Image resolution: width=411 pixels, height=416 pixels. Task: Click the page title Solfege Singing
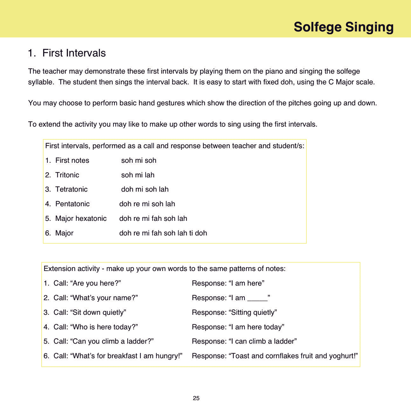click(x=343, y=27)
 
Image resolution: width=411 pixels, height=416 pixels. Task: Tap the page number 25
click(x=196, y=398)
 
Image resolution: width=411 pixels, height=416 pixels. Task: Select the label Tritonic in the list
click(x=67, y=175)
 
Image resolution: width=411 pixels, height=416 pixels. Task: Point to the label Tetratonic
click(x=71, y=189)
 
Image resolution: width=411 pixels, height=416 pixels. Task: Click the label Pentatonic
click(x=72, y=204)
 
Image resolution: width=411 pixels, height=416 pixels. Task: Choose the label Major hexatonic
click(x=81, y=218)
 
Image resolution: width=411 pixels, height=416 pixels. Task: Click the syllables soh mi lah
click(x=138, y=175)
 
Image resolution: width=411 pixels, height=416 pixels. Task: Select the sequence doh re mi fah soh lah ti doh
click(x=163, y=233)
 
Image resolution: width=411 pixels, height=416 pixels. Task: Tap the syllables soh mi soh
click(x=139, y=160)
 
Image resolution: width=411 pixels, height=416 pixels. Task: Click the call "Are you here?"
click(x=95, y=283)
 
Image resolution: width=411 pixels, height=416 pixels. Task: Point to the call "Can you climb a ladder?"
click(x=112, y=341)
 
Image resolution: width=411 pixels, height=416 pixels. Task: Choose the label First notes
click(x=72, y=160)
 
